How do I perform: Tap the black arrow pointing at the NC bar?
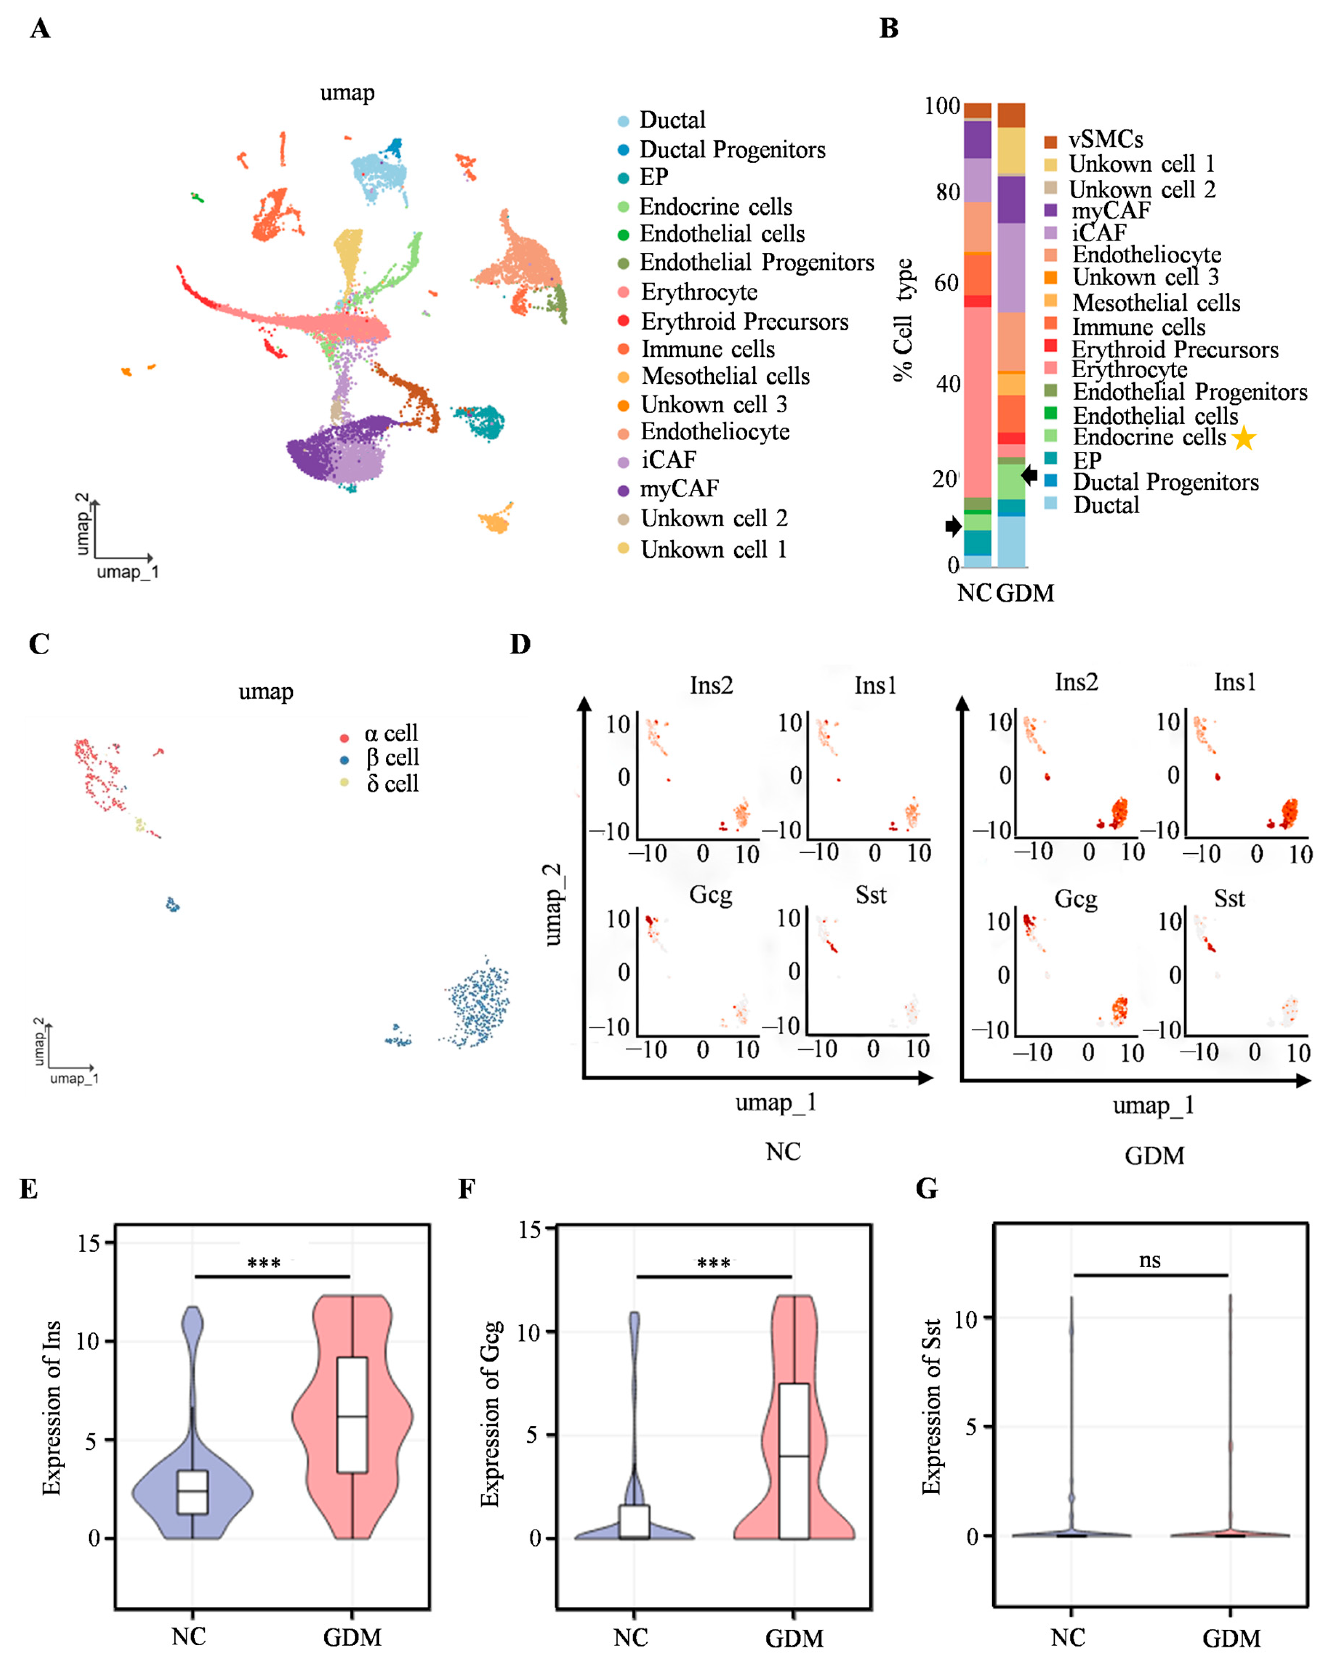point(953,527)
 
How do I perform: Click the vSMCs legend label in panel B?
point(1105,139)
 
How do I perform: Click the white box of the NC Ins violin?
point(192,1491)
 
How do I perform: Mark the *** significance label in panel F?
point(713,1264)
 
